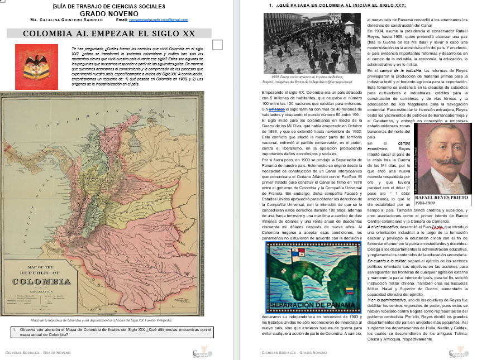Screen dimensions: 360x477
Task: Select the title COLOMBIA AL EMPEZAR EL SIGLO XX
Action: [x=109, y=33]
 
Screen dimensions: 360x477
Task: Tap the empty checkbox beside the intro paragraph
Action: [x=218, y=44]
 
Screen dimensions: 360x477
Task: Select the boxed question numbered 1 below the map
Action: [x=112, y=332]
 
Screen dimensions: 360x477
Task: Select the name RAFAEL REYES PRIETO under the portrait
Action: [x=443, y=198]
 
